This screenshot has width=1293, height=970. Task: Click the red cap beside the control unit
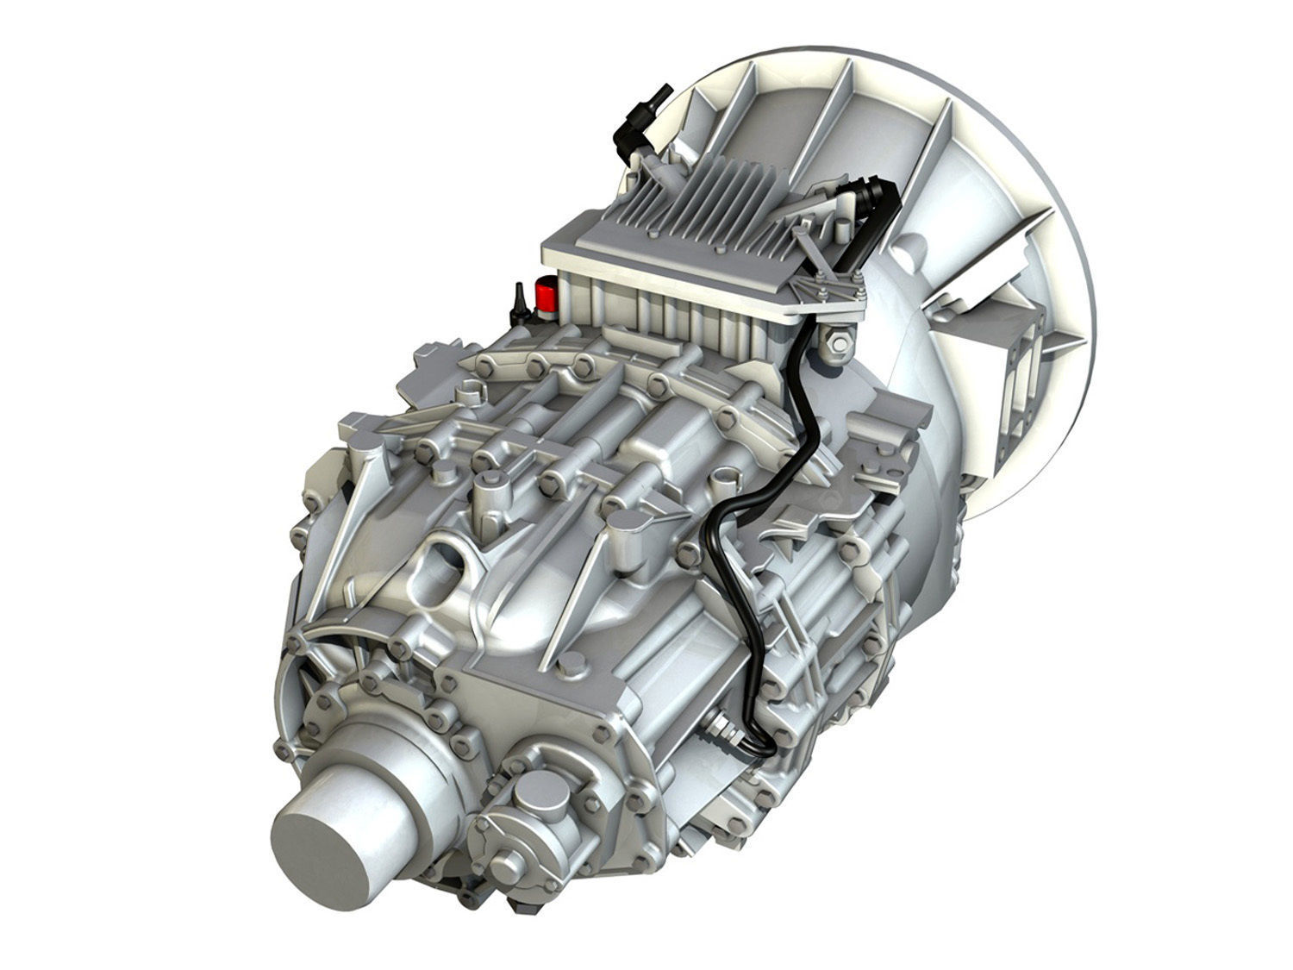(545, 296)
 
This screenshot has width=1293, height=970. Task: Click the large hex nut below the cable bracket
(834, 346)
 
